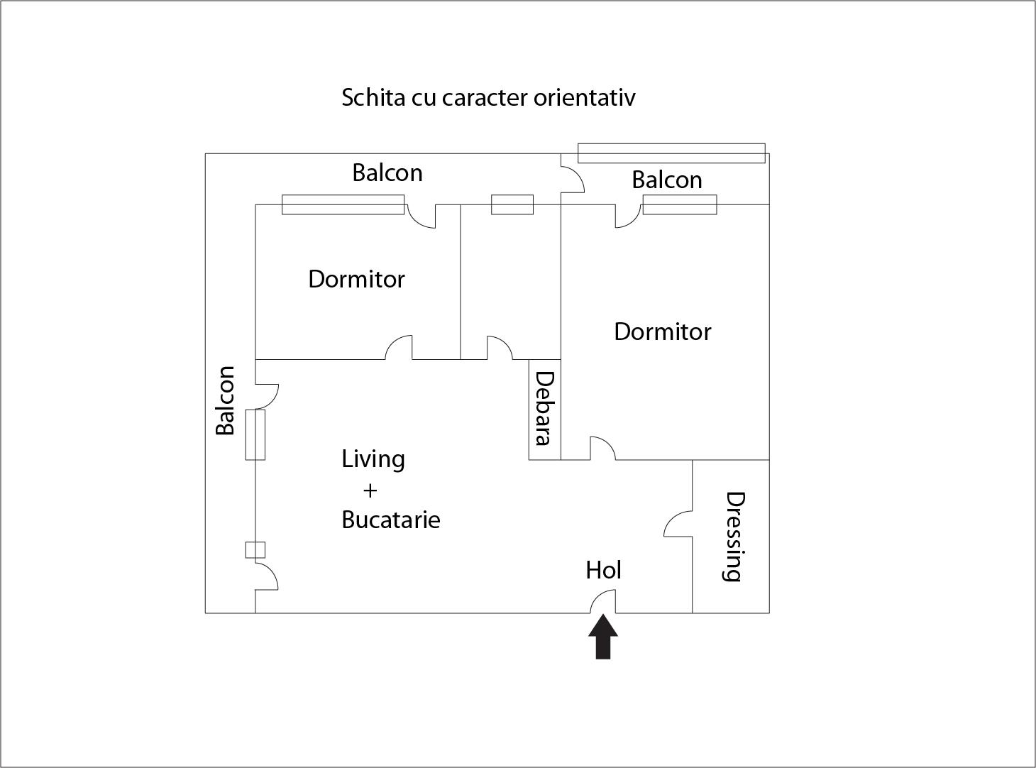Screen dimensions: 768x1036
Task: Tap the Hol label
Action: (604, 570)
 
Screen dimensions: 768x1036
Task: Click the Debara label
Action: (544, 408)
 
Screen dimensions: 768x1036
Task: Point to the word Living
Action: (373, 459)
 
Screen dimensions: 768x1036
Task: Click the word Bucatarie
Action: (390, 520)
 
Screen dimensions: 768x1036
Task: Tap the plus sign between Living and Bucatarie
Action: (370, 490)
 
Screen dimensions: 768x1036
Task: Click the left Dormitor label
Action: (356, 279)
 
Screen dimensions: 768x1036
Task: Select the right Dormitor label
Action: (662, 331)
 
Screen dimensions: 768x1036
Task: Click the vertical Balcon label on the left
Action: (225, 400)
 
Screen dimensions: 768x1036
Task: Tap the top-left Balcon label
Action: (387, 172)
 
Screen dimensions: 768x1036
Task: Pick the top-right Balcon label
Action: (667, 180)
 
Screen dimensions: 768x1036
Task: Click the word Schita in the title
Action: (374, 97)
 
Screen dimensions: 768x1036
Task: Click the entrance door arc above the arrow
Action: (602, 600)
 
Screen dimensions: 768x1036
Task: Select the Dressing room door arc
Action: (677, 524)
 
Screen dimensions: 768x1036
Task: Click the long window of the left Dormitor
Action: (343, 204)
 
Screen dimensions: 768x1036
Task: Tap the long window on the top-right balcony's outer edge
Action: (671, 153)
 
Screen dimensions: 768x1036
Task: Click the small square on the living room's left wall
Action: (255, 550)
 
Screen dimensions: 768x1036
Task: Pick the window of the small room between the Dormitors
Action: (512, 204)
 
